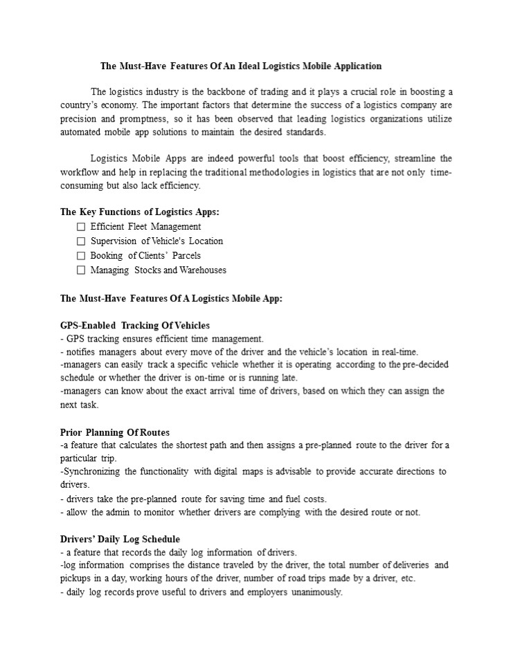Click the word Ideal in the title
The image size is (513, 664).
(242, 66)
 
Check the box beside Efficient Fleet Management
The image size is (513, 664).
(81, 227)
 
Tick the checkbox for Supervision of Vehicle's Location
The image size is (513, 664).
(81, 241)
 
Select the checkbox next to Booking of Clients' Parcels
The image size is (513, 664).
(81, 256)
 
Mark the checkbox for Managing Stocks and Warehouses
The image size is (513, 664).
(81, 270)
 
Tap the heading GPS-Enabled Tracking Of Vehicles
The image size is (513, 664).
(135, 325)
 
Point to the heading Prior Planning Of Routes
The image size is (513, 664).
(115, 433)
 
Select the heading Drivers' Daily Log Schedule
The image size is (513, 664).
(120, 539)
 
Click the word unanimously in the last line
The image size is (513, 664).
(317, 593)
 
